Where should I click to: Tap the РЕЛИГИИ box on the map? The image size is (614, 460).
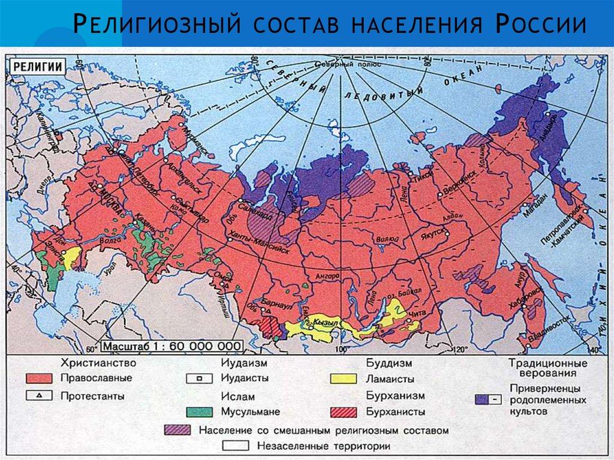37,67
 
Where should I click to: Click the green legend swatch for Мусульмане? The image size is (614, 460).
199,412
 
